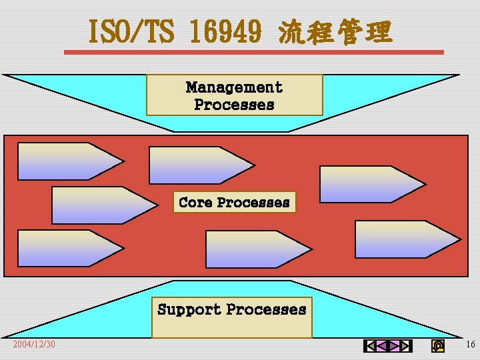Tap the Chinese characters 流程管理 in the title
[335, 32]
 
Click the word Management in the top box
[234, 87]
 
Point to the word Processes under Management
[234, 105]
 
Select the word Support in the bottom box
[189, 309]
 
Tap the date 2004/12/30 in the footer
[34, 344]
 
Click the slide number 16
[470, 344]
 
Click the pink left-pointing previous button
[381, 345]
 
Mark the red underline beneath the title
[253, 52]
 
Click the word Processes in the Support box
[266, 309]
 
